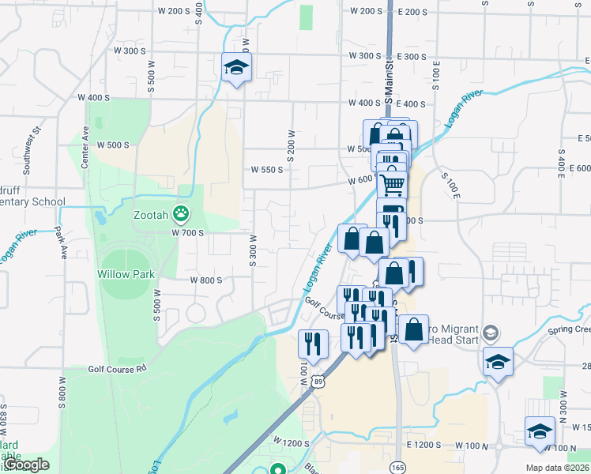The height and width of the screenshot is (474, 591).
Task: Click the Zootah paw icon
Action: click(x=182, y=213)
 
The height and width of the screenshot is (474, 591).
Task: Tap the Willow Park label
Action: click(x=125, y=273)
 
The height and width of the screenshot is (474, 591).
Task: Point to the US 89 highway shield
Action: click(x=317, y=382)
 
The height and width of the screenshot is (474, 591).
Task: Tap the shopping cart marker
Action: click(x=392, y=185)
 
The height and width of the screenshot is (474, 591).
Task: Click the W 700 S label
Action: click(x=188, y=232)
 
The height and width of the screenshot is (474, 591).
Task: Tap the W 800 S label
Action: click(x=205, y=280)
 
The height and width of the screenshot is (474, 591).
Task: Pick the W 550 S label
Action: click(x=267, y=170)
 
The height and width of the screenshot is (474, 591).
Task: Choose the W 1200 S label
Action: click(x=290, y=439)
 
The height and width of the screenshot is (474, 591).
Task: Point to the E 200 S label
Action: click(x=412, y=12)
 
